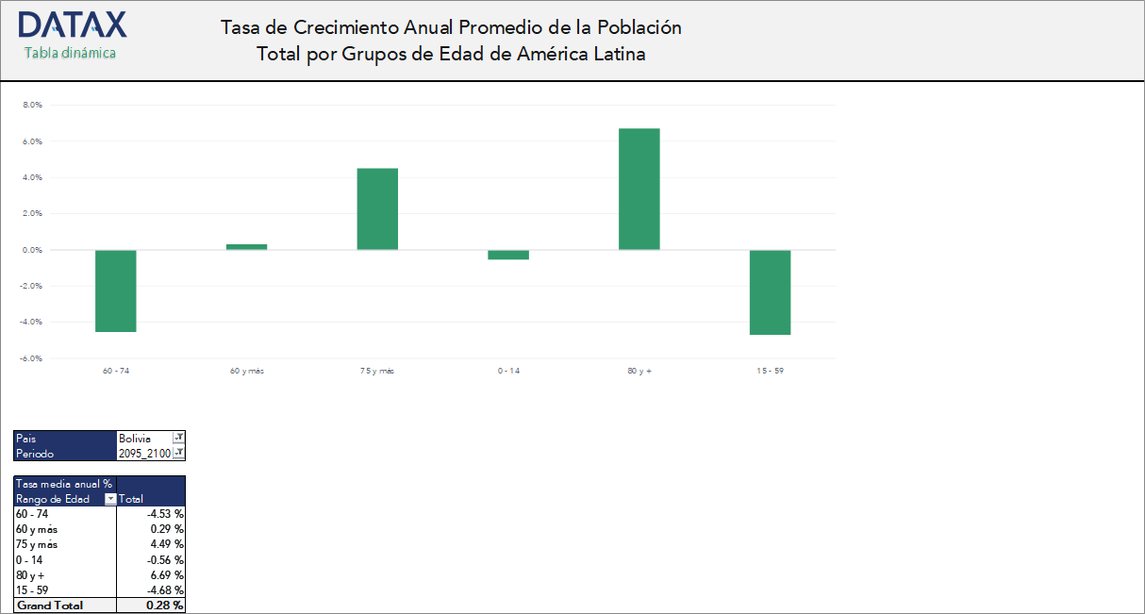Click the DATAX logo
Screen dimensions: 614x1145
click(x=72, y=25)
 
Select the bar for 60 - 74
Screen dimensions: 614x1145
click(x=116, y=290)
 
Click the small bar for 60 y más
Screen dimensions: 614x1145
click(x=247, y=247)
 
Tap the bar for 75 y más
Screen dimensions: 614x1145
click(x=377, y=208)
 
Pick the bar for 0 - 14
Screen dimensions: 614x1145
click(x=508, y=255)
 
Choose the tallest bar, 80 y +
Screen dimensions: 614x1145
click(x=639, y=189)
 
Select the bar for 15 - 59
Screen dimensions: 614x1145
click(x=770, y=292)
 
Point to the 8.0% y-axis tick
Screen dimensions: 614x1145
click(x=32, y=106)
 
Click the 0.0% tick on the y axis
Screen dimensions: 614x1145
click(x=32, y=250)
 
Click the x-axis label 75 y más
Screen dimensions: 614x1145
click(x=377, y=372)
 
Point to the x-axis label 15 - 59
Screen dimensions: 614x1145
click(x=770, y=372)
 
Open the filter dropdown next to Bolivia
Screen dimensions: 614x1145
click(x=178, y=439)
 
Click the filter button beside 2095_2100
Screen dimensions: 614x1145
click(x=178, y=454)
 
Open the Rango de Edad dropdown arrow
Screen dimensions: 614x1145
click(x=110, y=499)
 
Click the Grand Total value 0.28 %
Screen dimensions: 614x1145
click(x=165, y=606)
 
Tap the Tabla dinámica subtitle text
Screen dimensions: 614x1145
click(x=70, y=53)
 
